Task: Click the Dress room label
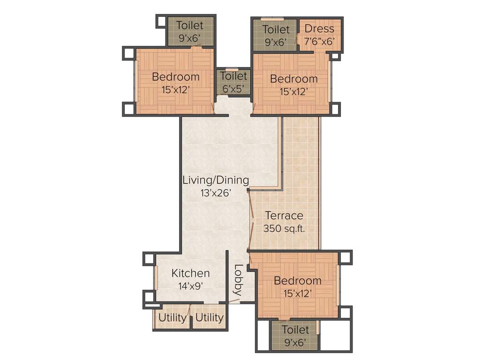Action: point(319,29)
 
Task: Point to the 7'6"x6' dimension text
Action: point(319,42)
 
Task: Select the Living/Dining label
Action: point(216,180)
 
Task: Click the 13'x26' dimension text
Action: point(216,192)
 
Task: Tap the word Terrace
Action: point(284,216)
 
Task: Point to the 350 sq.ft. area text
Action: point(284,229)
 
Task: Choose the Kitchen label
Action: point(190,273)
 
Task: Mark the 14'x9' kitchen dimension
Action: point(190,285)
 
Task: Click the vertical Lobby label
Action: point(238,280)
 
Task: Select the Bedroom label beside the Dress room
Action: point(294,79)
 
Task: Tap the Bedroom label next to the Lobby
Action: point(298,281)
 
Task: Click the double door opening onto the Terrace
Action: point(250,220)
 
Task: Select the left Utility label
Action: point(172,317)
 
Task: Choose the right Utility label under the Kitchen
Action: point(209,317)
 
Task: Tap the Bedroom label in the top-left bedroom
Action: point(176,76)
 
